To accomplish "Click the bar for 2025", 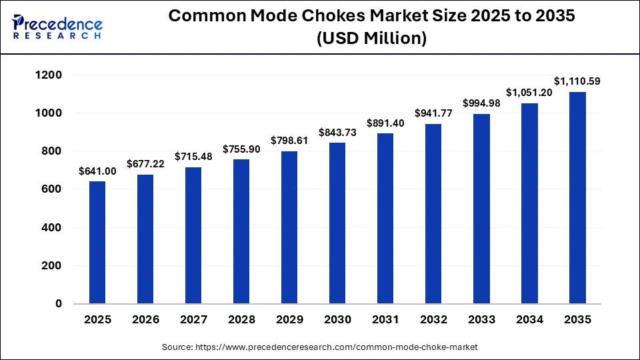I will (x=97, y=242).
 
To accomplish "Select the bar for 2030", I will (x=337, y=223).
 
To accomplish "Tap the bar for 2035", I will (x=577, y=197).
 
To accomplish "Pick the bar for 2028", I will (x=241, y=231).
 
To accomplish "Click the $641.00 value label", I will (x=97, y=171).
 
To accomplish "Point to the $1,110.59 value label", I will (x=577, y=81).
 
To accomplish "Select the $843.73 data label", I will (x=337, y=133).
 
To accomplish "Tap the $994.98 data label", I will (x=481, y=103).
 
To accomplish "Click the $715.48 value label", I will (x=193, y=156).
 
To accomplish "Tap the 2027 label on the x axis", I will (x=193, y=320).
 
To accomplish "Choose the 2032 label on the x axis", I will (x=433, y=320).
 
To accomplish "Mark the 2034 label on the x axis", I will (x=529, y=320).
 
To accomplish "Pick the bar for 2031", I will (x=385, y=218).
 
